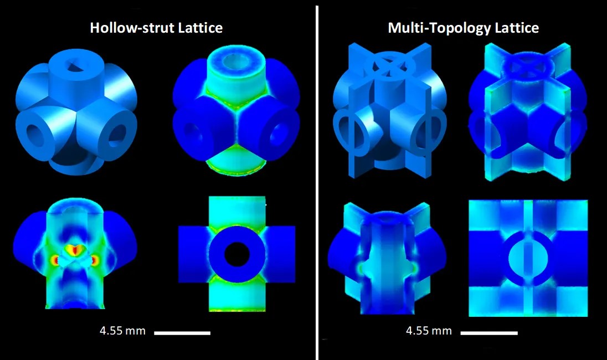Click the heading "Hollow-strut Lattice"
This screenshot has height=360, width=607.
(156, 28)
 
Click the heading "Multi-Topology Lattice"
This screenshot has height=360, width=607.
(463, 28)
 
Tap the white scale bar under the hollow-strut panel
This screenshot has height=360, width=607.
(182, 333)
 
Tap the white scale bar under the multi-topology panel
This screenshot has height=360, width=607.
(489, 333)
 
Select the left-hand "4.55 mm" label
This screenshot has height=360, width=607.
(122, 331)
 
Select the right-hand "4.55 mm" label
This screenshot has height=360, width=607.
(429, 331)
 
